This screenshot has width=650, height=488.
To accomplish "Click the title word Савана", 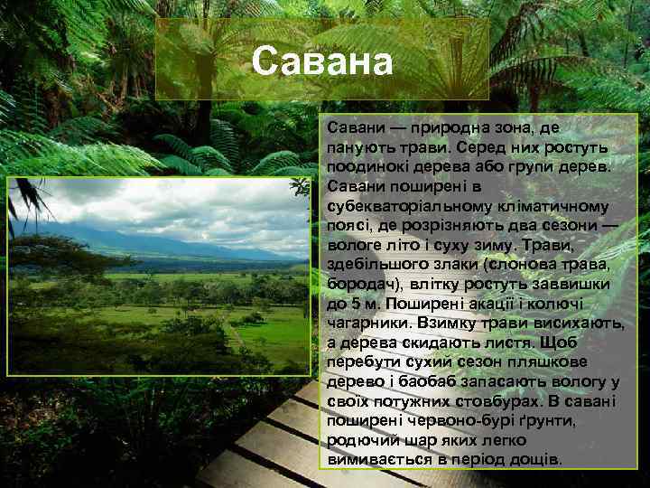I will (x=322, y=62).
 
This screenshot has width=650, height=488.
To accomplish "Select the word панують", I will (x=357, y=146).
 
